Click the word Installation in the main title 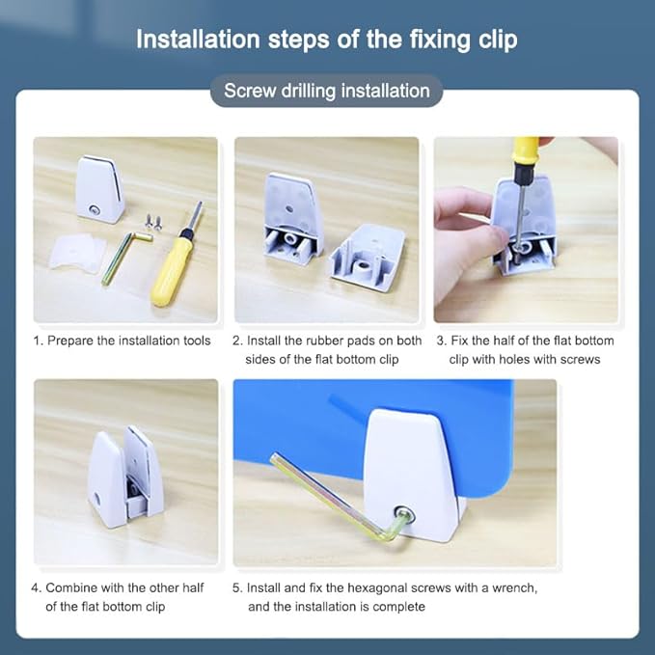tap(199, 40)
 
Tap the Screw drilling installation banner tap(327, 91)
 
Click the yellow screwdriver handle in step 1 tap(172, 266)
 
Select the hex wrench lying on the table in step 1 tap(125, 256)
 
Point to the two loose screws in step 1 tap(153, 222)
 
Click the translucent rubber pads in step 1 tap(76, 253)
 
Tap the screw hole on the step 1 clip tap(94, 209)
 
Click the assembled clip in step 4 tap(124, 477)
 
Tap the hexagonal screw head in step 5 tap(405, 514)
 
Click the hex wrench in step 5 tap(334, 498)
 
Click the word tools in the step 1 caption tap(197, 341)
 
